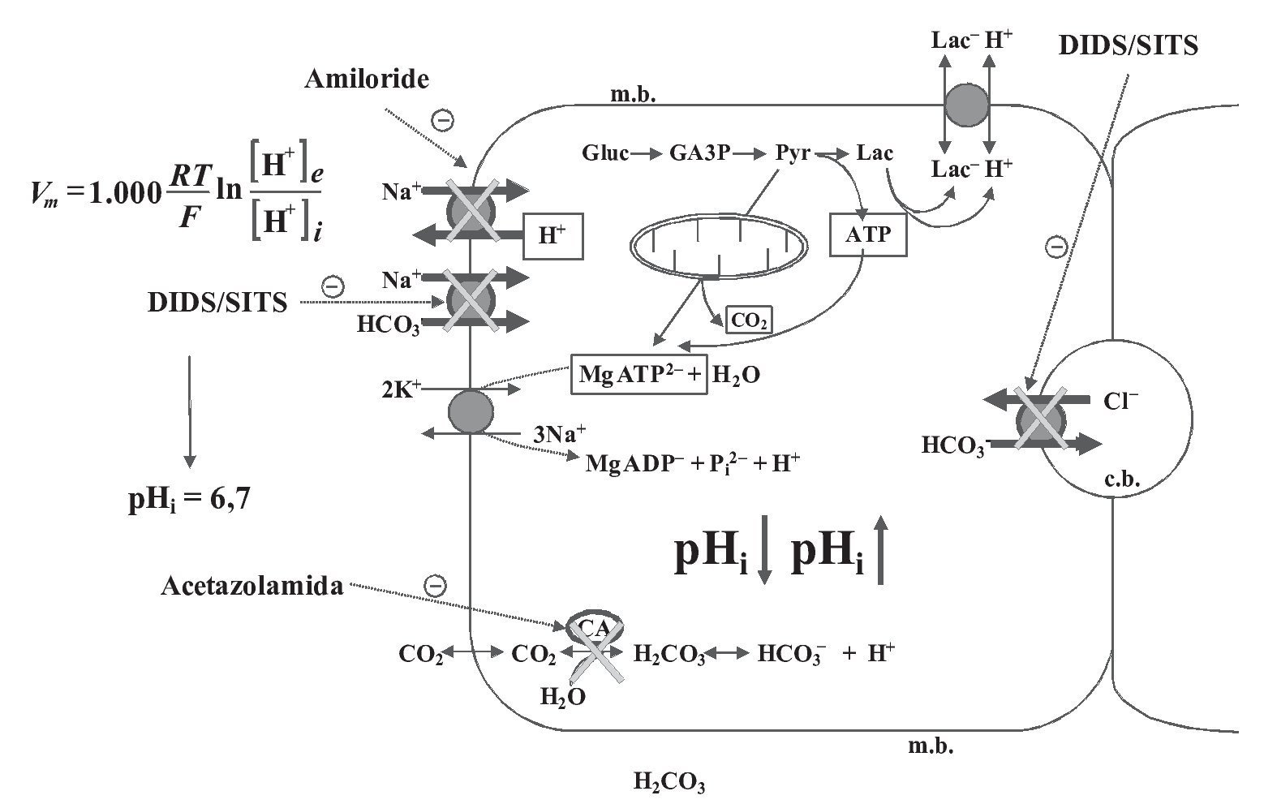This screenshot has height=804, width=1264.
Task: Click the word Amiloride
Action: pyautogui.click(x=367, y=79)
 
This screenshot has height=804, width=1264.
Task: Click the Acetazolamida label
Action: pyautogui.click(x=252, y=587)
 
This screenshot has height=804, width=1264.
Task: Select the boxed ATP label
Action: pyautogui.click(x=867, y=234)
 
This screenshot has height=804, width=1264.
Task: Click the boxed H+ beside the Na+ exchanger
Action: pyautogui.click(x=552, y=235)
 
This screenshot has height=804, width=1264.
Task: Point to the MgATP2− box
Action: pyautogui.click(x=639, y=374)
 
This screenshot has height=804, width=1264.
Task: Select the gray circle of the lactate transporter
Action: pyautogui.click(x=966, y=105)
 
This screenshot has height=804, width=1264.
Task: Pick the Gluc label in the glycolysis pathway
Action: pyautogui.click(x=604, y=153)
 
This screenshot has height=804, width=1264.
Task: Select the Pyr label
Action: pyautogui.click(x=793, y=153)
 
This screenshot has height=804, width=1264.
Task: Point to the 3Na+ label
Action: pyautogui.click(x=559, y=432)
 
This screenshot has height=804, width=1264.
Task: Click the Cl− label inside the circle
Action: pyautogui.click(x=1120, y=401)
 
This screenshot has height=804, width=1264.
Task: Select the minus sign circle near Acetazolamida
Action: pyautogui.click(x=436, y=585)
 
